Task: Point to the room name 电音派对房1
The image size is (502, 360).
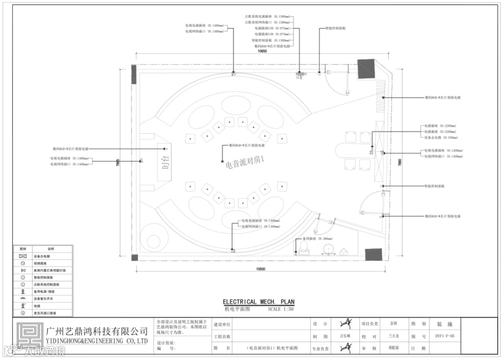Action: tap(244, 164)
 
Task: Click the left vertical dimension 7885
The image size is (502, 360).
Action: tap(118, 163)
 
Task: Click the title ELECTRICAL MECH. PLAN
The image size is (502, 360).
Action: tap(258, 301)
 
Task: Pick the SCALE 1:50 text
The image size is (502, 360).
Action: tap(281, 309)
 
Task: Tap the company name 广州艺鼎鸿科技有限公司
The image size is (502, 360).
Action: tap(97, 331)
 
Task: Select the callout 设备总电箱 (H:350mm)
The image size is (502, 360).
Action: tap(439, 137)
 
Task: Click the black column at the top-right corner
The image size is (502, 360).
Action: tap(365, 69)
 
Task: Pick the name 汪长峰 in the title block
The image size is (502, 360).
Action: tap(344, 336)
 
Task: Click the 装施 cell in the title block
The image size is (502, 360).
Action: tap(441, 324)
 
